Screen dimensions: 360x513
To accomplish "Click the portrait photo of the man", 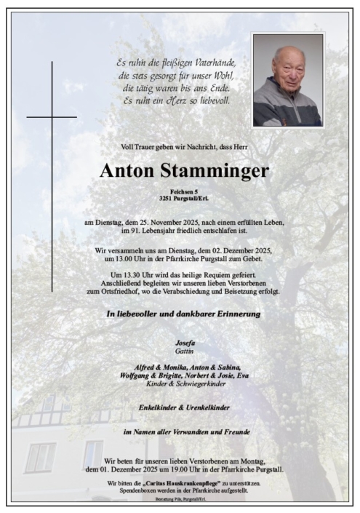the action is point(288,80).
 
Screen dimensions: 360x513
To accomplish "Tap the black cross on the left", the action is point(52,116).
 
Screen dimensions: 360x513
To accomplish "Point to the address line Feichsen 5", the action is point(183,191).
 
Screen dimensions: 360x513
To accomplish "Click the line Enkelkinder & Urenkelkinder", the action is point(183,408).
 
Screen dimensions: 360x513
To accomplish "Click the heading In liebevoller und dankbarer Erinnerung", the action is point(183,314).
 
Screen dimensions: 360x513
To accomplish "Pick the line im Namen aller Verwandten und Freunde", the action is point(183,432).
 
